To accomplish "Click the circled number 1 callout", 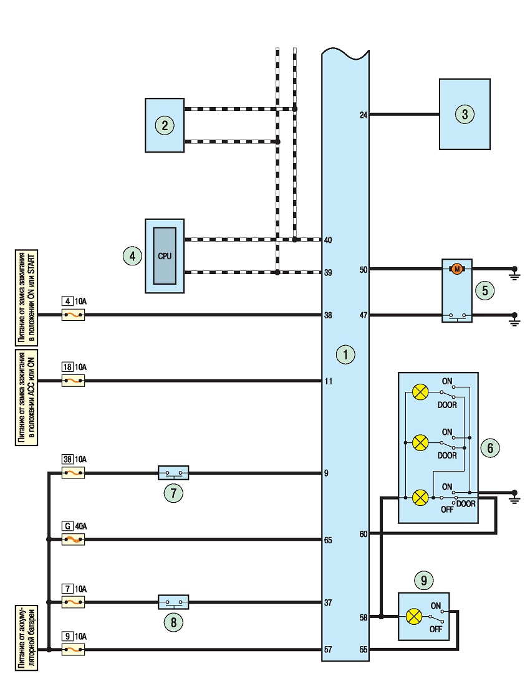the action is point(345,354).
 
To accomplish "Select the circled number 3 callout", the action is point(465,114).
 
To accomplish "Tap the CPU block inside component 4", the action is point(165,256).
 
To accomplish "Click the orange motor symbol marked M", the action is point(457,269).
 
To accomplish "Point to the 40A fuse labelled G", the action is point(73,539).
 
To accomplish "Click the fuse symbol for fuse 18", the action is point(73,381).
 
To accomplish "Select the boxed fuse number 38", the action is point(67,459).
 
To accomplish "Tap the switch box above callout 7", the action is point(173,473).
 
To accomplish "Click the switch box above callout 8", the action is point(173,602).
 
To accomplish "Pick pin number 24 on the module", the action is point(364,115).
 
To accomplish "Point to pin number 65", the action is point(328,540).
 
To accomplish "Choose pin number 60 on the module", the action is point(364,534).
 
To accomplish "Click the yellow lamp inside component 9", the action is point(413,617).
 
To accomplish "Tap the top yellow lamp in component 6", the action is point(420,392).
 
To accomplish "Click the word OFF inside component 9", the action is point(436,629).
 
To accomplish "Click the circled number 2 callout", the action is point(165,125).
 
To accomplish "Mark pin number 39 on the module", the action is point(328,272).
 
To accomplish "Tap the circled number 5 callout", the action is point(484,290).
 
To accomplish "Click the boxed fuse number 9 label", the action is point(67,636).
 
